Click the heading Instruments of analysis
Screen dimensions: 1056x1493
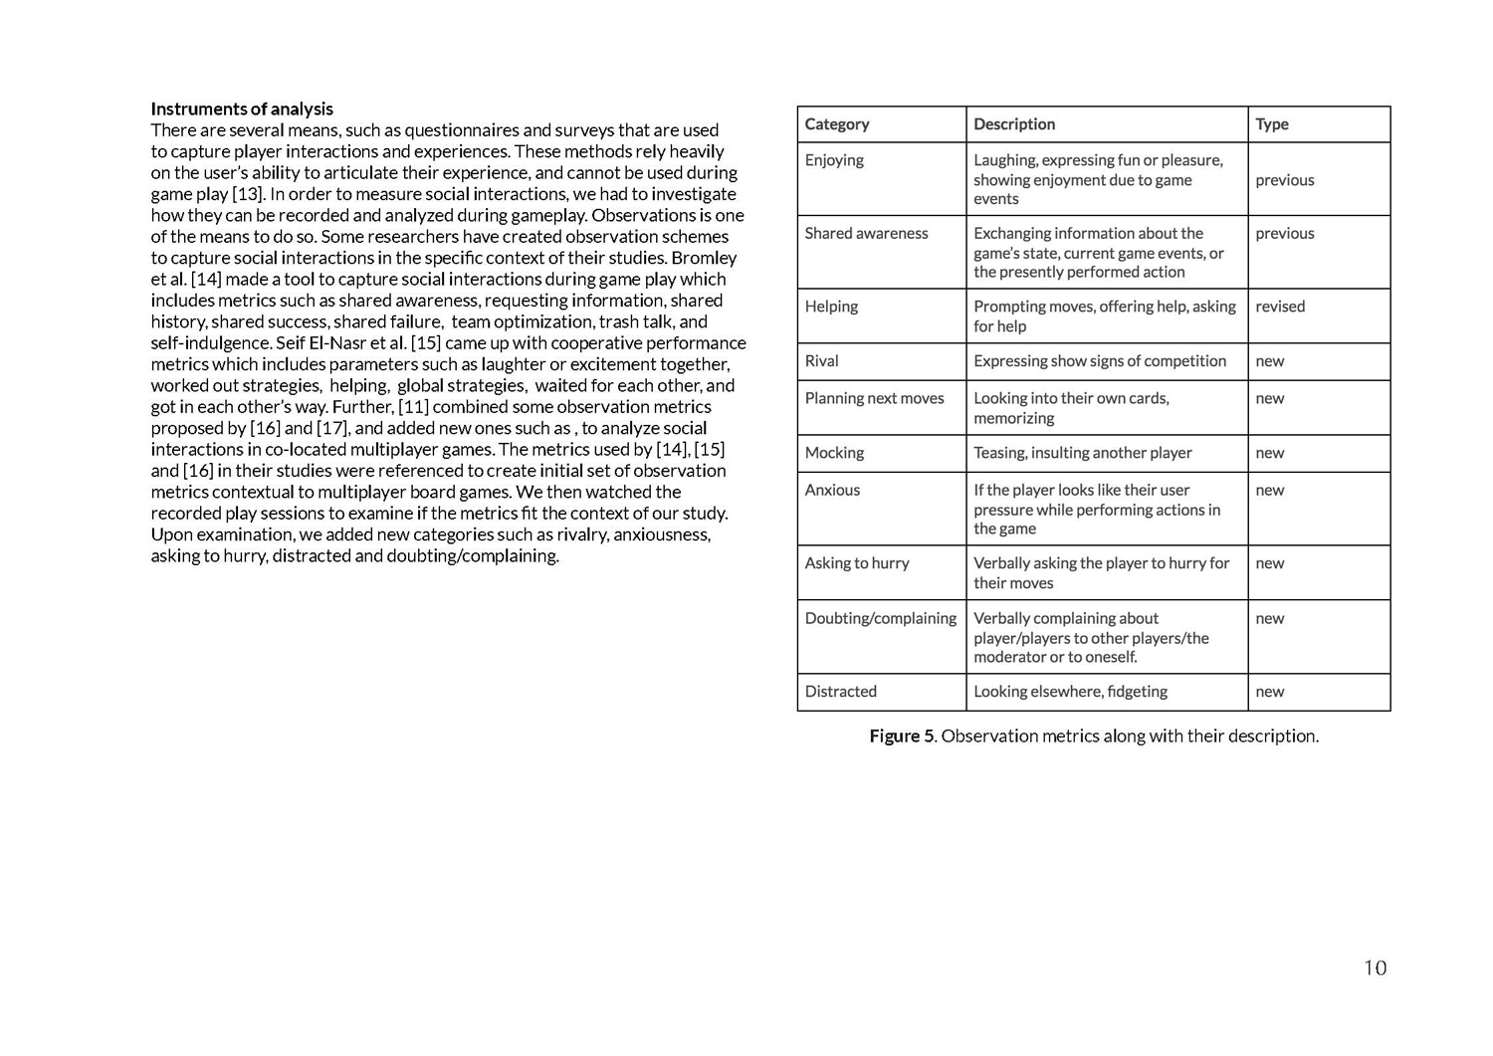[x=242, y=108]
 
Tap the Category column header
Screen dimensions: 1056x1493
[x=837, y=124]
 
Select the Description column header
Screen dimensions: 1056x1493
[x=1014, y=124]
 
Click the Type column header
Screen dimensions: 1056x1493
[x=1272, y=124]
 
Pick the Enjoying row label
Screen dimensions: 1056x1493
[x=834, y=160]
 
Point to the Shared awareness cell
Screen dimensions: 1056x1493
[x=866, y=233]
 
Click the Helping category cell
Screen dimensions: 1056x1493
[x=831, y=307]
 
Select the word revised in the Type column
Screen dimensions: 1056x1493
[x=1280, y=307]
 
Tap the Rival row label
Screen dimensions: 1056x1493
[x=822, y=361]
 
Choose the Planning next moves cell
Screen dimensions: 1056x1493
[x=874, y=398]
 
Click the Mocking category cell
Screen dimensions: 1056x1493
[x=834, y=453]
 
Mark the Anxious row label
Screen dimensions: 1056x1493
[x=832, y=490]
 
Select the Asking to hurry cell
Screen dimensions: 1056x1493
[x=857, y=563]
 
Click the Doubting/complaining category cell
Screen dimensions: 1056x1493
[x=880, y=618]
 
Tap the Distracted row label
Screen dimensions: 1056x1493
[x=841, y=692]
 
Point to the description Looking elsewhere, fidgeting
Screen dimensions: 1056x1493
[x=1070, y=692]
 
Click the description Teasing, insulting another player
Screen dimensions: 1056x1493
[x=1082, y=453]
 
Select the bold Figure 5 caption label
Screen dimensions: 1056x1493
[x=902, y=737]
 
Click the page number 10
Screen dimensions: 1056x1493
[x=1375, y=968]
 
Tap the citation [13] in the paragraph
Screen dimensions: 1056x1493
[x=248, y=194]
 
